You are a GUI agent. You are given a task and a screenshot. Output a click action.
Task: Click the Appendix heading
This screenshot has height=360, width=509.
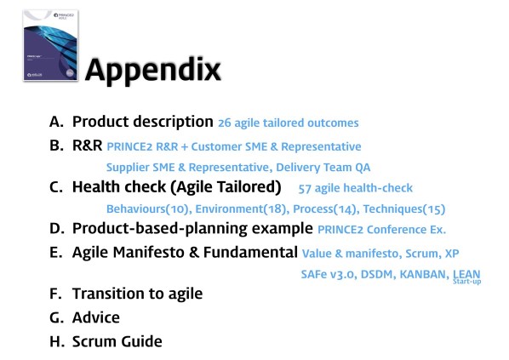point(153,69)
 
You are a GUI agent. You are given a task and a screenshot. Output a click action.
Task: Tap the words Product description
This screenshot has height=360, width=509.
point(142,122)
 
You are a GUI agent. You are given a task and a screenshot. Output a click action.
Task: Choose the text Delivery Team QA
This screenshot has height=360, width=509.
point(328,167)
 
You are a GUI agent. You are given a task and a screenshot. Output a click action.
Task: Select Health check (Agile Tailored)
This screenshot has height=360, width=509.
point(176,186)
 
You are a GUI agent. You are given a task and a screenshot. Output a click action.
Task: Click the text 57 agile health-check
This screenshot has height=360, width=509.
point(357,188)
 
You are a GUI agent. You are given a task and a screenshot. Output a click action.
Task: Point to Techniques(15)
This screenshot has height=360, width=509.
point(403,209)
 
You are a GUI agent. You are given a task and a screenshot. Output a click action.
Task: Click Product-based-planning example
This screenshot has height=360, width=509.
point(192,228)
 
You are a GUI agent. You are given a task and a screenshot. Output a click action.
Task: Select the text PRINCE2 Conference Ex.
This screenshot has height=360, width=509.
point(381,230)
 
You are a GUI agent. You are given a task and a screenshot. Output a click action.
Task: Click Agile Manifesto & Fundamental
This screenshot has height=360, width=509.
point(185,252)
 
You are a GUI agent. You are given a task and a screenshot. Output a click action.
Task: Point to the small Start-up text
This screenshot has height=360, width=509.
point(466,282)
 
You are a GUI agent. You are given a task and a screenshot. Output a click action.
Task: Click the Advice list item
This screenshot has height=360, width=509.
point(95,317)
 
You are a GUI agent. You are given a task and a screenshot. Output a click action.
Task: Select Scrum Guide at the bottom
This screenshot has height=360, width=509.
point(117,341)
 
